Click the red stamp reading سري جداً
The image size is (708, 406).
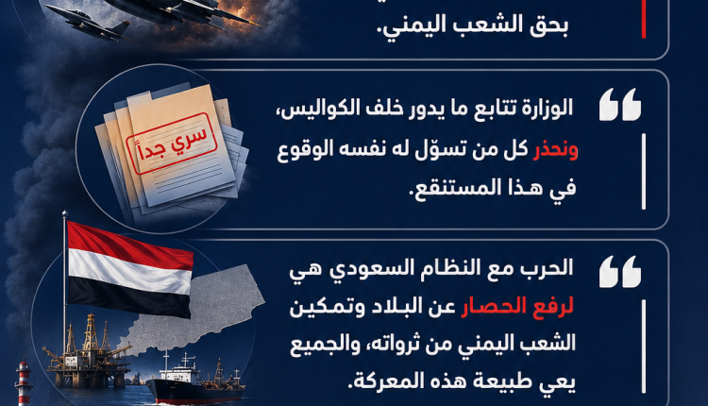point(173,144)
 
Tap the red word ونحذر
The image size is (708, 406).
point(555,149)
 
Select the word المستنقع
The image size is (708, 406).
point(460,187)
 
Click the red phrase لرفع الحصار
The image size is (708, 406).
point(517,306)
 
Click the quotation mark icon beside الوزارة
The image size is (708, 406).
point(620,104)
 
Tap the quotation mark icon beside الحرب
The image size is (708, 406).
point(620,271)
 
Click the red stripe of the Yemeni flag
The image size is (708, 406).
point(129,245)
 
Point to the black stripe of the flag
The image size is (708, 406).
point(128,298)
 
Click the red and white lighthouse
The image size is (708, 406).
point(24,381)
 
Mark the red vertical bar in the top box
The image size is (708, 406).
point(644,19)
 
